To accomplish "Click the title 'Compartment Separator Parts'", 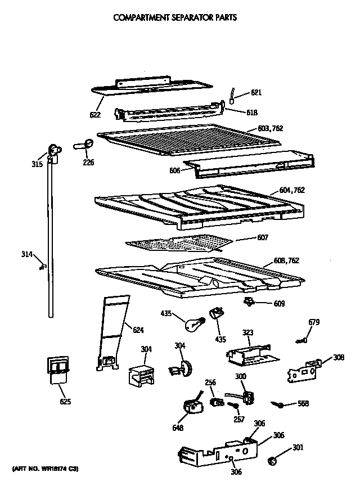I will point(175,17).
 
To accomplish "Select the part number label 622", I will point(95,115).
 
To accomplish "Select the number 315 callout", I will point(37,165).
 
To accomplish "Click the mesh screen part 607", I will point(179,242).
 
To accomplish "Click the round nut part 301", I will point(273,461).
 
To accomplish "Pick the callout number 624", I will point(138,330).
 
